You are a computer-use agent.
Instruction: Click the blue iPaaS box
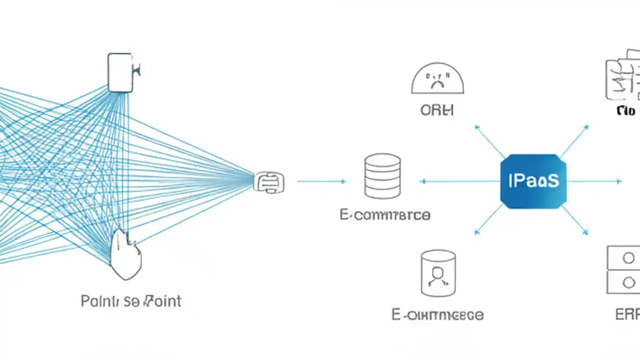click(533, 181)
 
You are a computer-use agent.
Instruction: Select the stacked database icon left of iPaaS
click(382, 176)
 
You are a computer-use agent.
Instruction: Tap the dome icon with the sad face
click(437, 79)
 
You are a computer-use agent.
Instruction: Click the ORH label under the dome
click(437, 110)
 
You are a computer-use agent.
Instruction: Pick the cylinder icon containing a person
click(438, 273)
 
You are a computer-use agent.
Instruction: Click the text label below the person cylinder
click(437, 315)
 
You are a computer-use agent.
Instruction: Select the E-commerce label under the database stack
click(384, 215)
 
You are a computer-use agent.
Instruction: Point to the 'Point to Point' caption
click(131, 301)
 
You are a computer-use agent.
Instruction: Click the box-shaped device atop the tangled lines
click(121, 73)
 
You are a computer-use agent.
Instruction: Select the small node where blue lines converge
click(269, 182)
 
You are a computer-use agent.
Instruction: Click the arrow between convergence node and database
click(321, 181)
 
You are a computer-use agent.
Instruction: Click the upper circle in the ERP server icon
click(628, 258)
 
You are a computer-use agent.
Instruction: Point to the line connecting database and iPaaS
click(460, 181)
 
